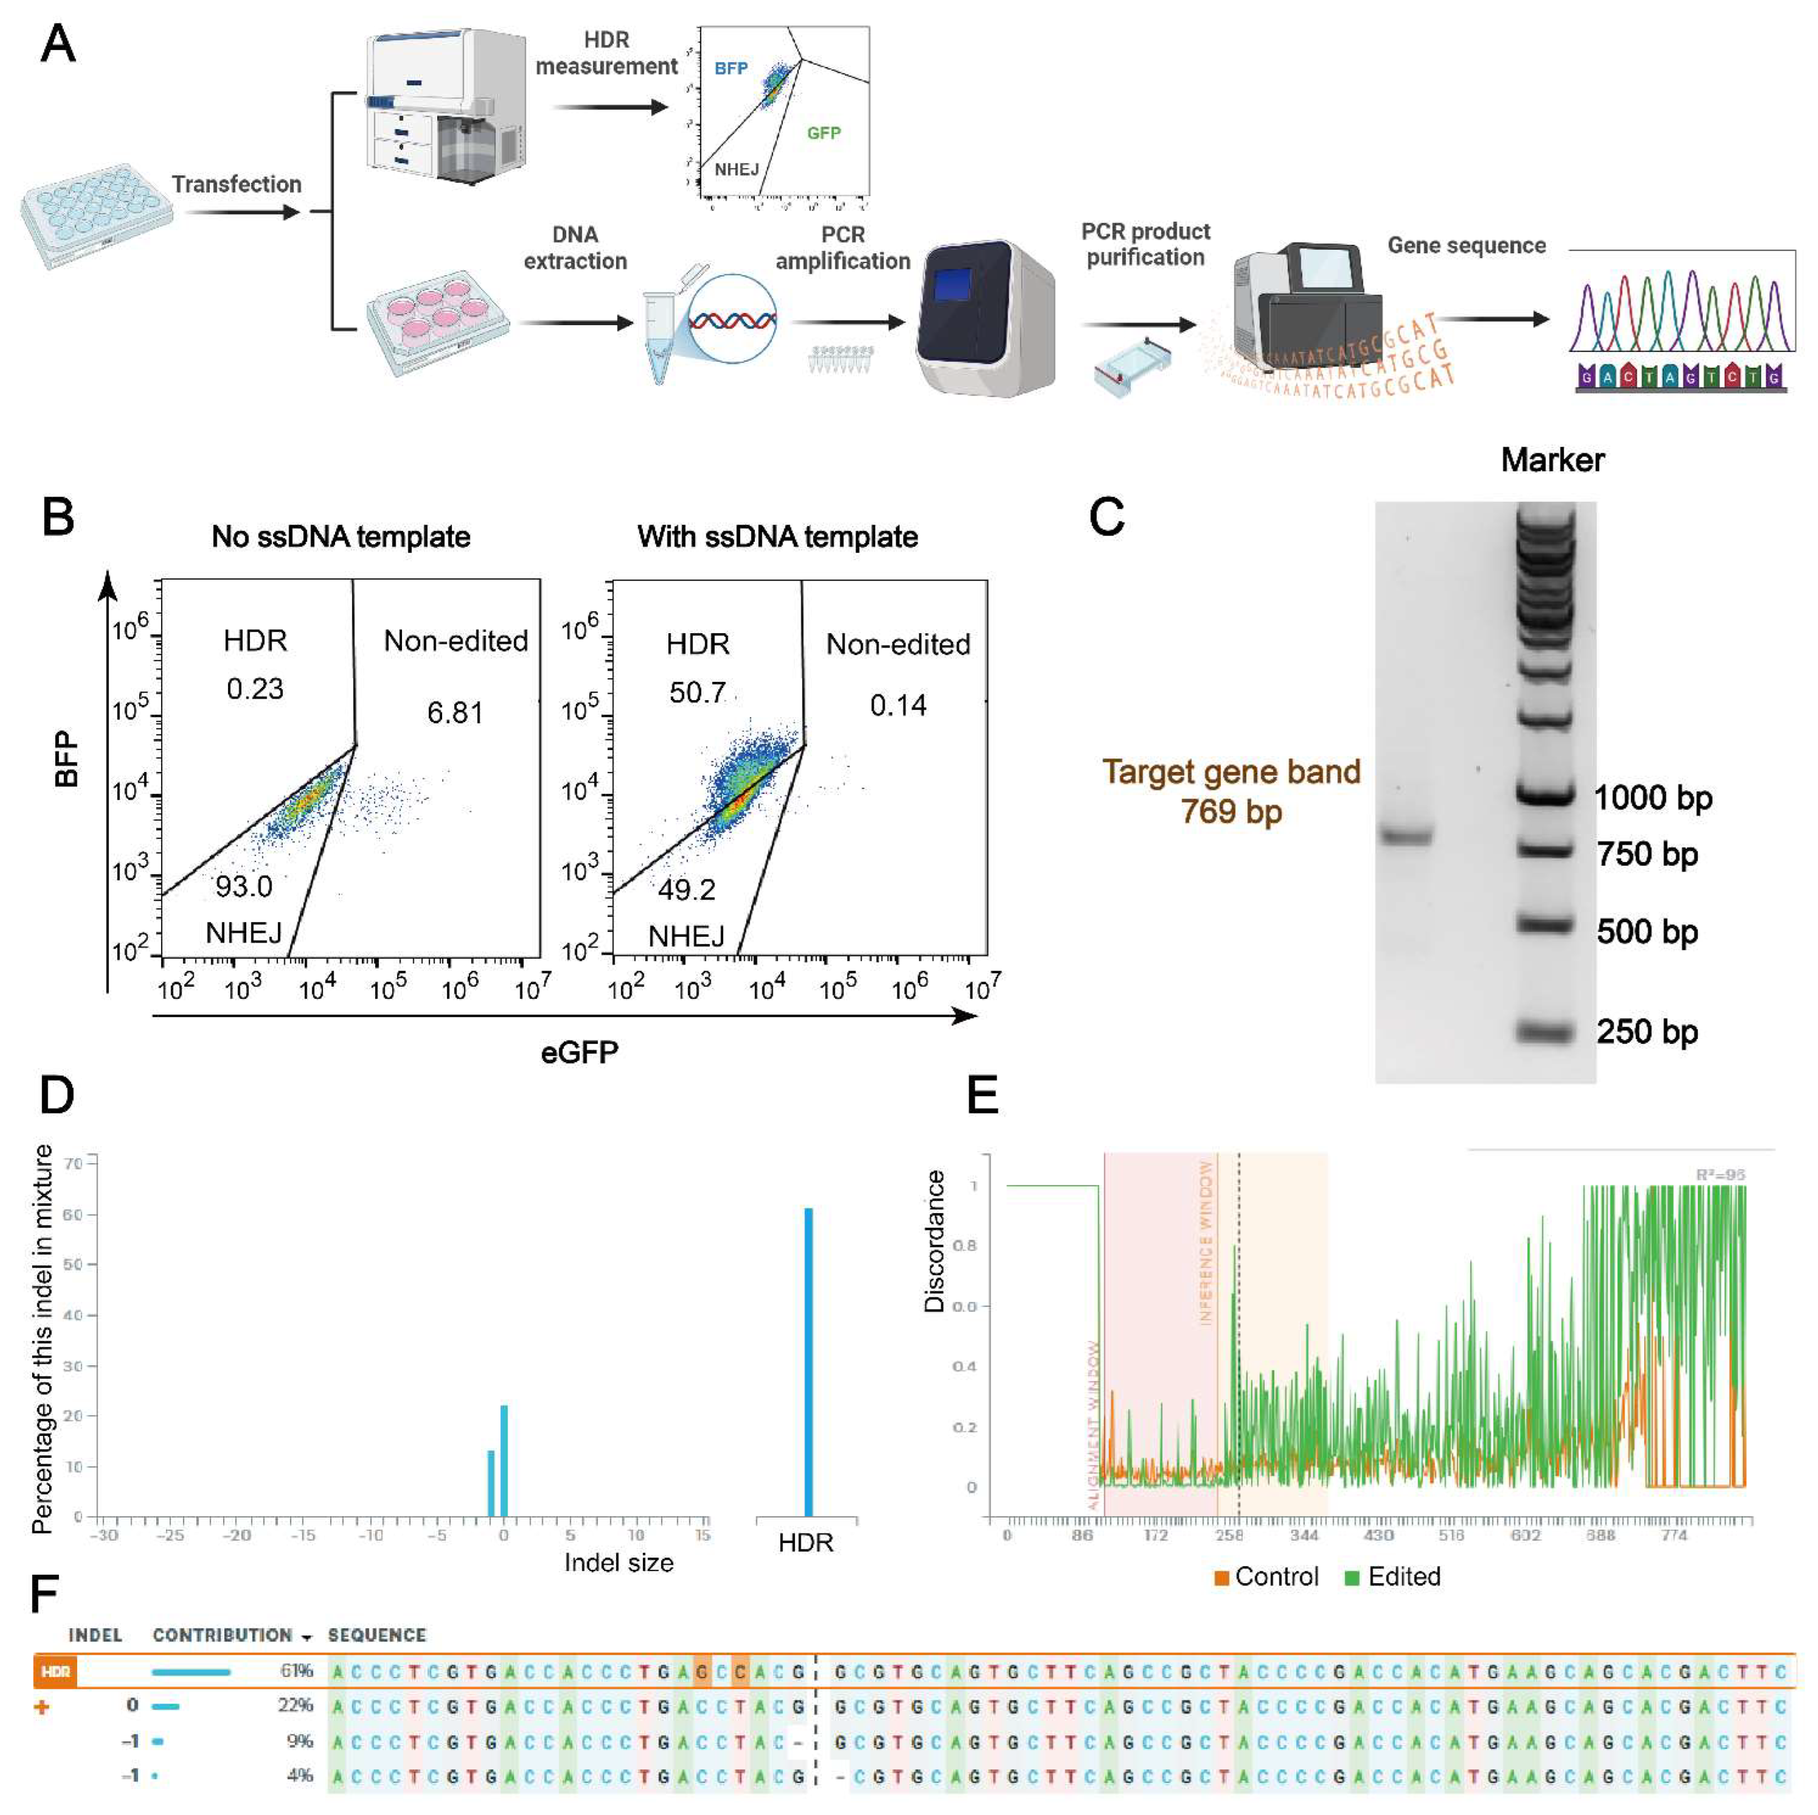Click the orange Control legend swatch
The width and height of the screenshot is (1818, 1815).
1221,1578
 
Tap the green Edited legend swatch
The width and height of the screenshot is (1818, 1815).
1352,1578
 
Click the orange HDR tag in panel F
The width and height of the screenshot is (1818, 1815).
56,1671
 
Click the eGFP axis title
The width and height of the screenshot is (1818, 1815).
580,1052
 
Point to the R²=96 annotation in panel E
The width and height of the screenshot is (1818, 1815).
1720,1174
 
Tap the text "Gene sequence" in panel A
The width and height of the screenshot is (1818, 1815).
1466,246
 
